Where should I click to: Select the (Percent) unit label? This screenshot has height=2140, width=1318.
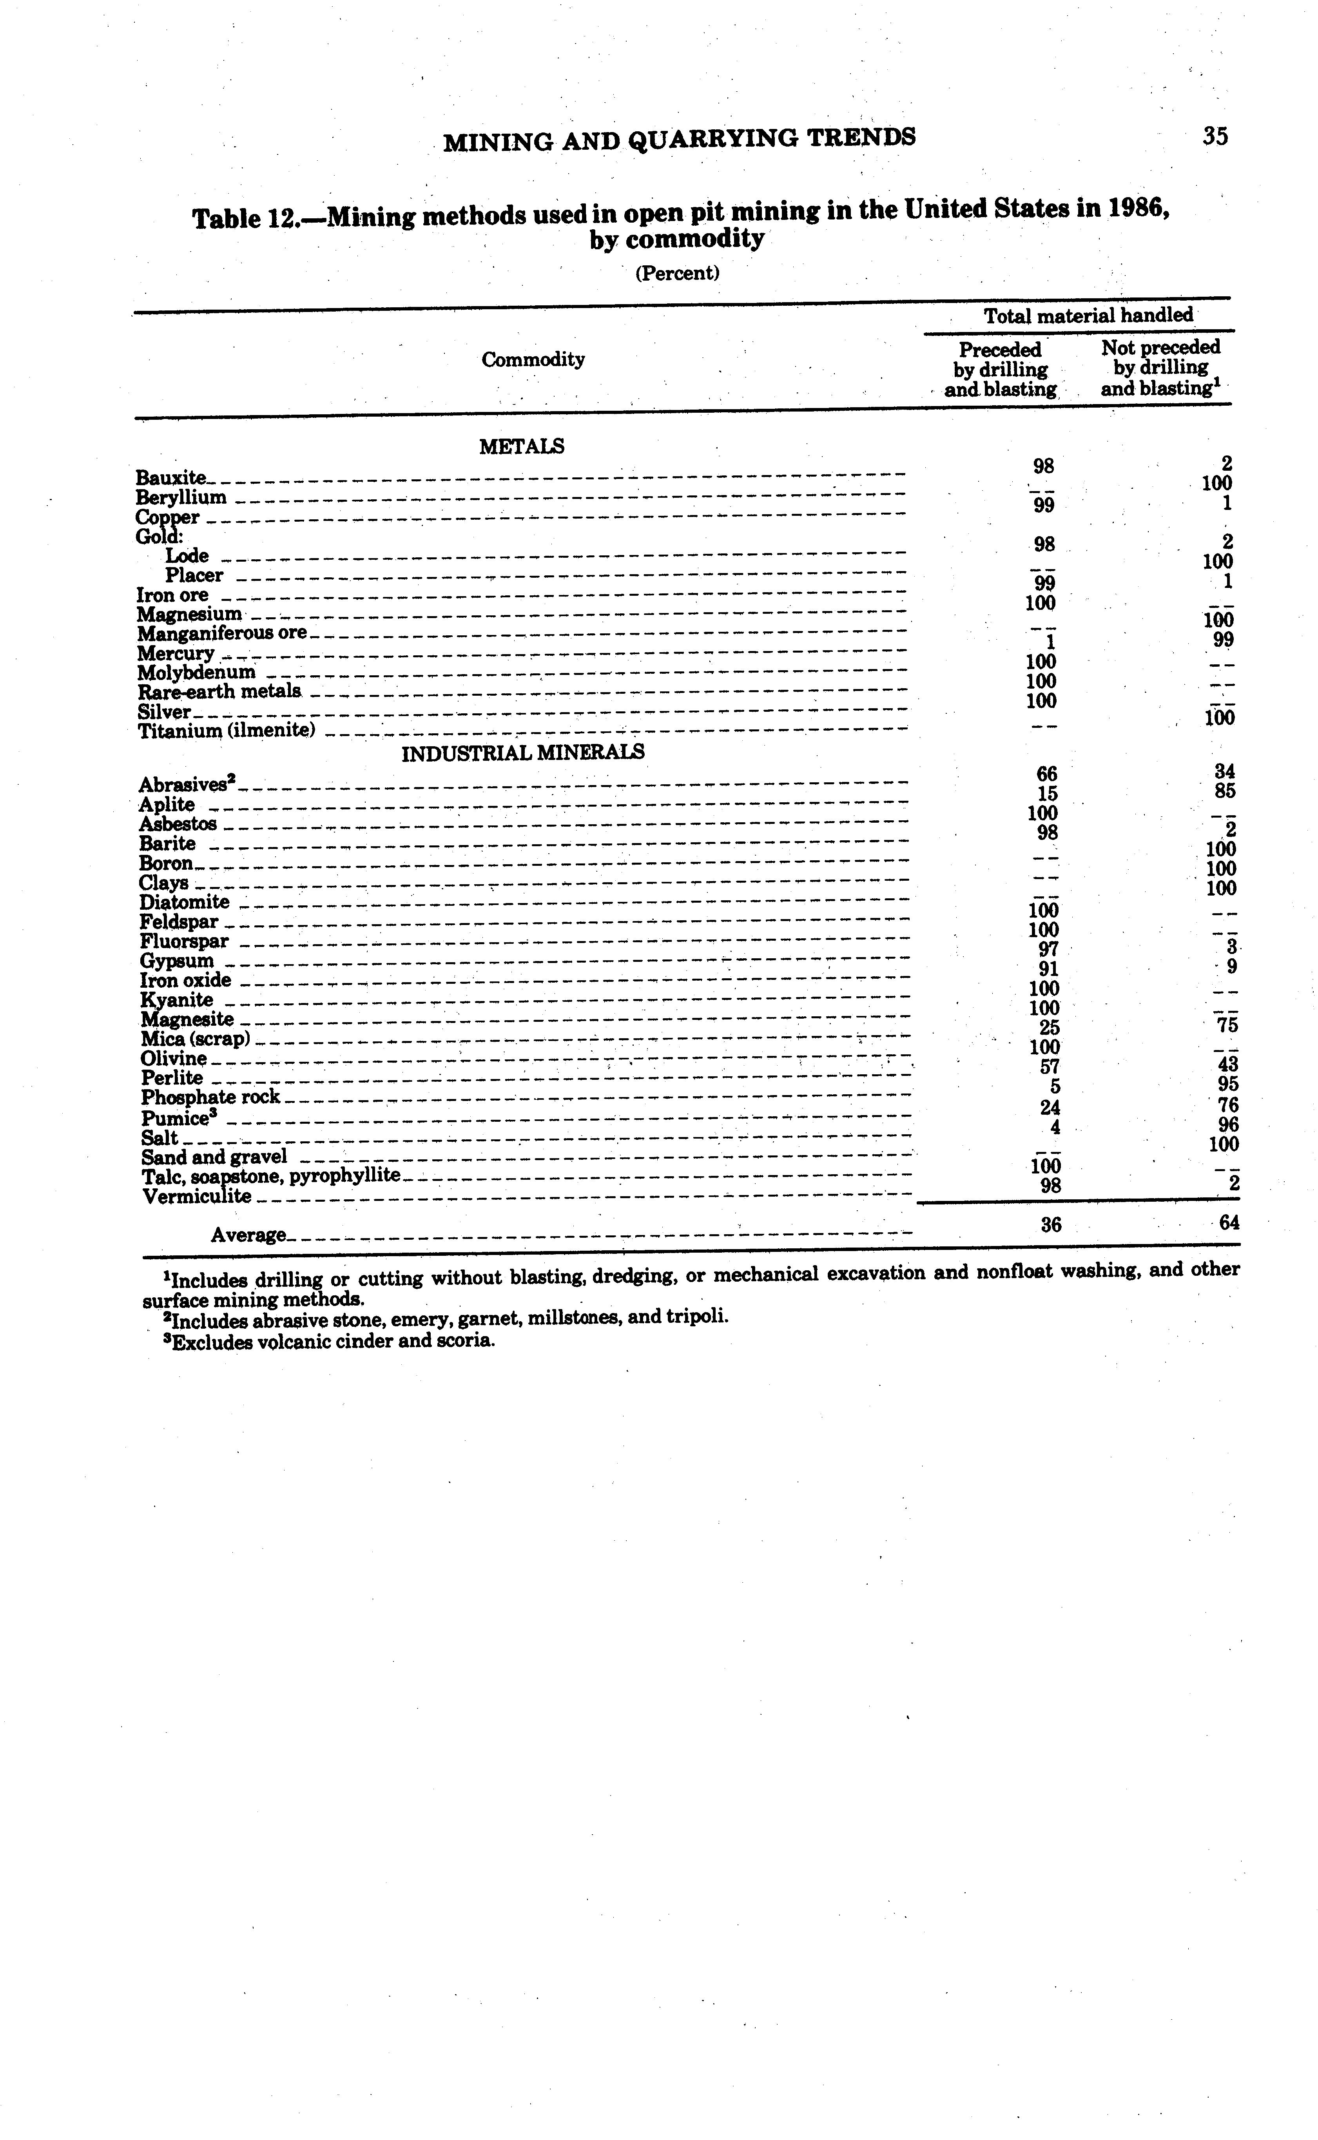click(676, 273)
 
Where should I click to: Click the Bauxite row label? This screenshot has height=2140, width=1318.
click(171, 478)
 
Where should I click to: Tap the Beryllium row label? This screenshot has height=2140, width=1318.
click(181, 498)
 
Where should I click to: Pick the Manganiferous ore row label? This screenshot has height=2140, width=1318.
click(222, 633)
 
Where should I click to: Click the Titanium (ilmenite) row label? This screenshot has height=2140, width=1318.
click(227, 731)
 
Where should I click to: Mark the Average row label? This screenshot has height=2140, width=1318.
click(248, 1235)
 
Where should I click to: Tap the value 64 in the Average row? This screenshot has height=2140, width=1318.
click(1229, 1223)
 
